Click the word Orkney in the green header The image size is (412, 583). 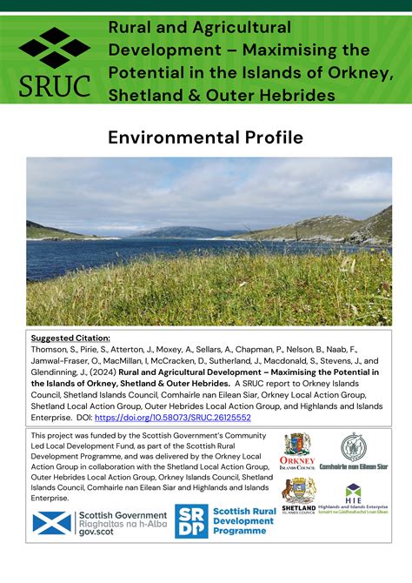click(356, 72)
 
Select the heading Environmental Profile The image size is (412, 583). click(205, 137)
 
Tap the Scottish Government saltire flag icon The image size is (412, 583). click(51, 523)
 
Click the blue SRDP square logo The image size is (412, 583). click(191, 520)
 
